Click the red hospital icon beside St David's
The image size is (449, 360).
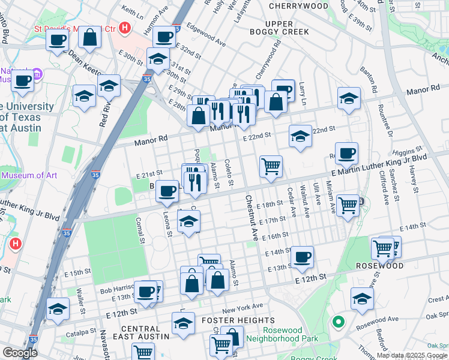[x=125, y=28]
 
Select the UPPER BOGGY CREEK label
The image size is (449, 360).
[x=279, y=28]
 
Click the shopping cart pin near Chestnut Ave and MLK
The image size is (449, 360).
[x=271, y=166]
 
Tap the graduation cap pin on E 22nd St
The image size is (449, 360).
[x=300, y=136]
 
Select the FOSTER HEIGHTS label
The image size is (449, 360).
[x=240, y=320]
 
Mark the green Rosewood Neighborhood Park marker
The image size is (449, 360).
[x=339, y=323]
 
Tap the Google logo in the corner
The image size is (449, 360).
[x=19, y=353]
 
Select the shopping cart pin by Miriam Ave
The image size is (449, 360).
[x=348, y=205]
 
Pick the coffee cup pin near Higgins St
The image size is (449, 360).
[x=346, y=153]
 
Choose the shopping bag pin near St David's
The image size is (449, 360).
[x=89, y=38]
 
